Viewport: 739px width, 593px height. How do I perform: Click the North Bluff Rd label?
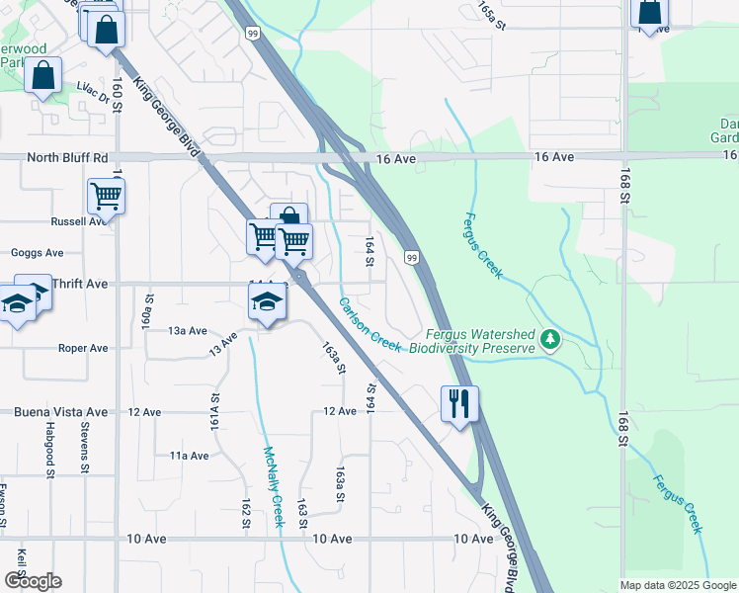pos(67,158)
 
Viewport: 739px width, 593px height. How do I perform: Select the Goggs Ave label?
pos(37,253)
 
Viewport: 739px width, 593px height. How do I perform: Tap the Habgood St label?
pos(49,450)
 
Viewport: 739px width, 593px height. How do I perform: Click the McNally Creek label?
pos(273,486)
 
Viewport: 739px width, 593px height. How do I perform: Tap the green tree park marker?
pos(550,341)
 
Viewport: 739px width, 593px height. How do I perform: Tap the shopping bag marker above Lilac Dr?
pos(43,75)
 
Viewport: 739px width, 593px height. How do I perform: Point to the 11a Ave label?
pos(189,456)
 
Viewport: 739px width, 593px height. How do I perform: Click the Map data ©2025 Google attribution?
pos(679,585)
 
